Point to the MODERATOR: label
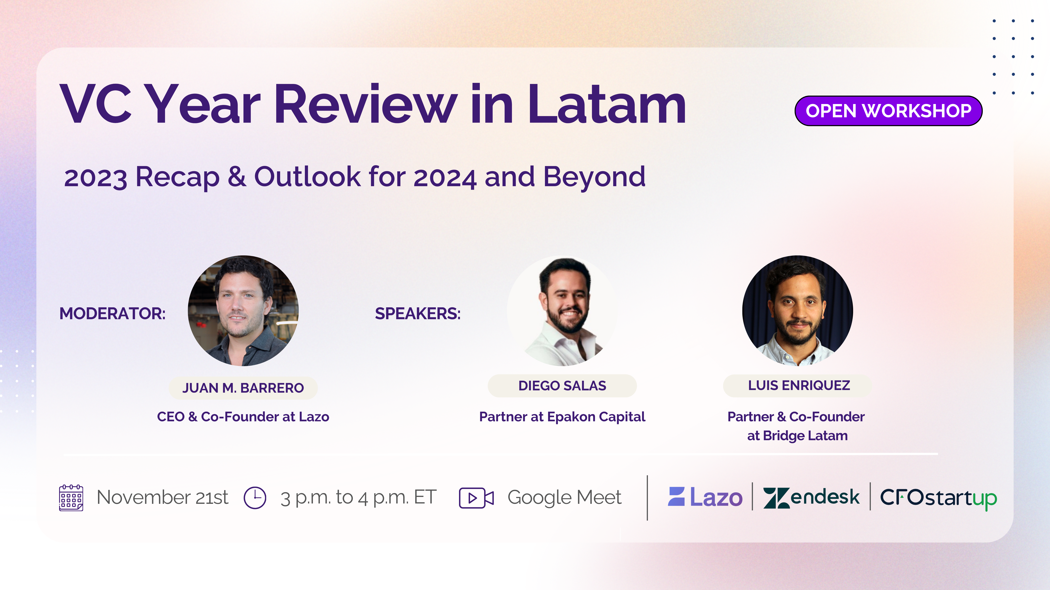[x=113, y=313]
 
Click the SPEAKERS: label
[x=418, y=313]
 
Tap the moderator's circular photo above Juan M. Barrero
[x=243, y=311]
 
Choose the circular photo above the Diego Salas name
[x=562, y=311]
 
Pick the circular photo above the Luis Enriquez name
[x=798, y=311]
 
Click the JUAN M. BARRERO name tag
[x=243, y=388]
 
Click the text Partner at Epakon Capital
[x=562, y=417]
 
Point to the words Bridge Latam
[x=805, y=436]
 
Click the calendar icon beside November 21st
[x=71, y=498]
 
